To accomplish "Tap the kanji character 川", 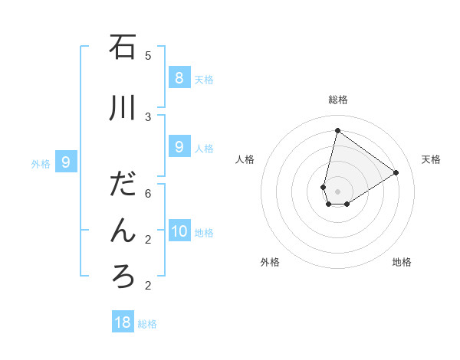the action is coord(123,109).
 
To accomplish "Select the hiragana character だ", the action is coord(123,185).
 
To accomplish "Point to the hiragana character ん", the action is coord(123,230).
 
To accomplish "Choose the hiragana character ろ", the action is coord(123,276).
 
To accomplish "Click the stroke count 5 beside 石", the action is coord(148,56).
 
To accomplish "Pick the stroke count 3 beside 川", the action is coord(148,117).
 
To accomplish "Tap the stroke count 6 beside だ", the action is coord(148,194).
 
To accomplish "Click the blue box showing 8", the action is coord(179,77).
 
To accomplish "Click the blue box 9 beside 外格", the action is coord(66,162).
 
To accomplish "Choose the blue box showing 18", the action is coord(123,322).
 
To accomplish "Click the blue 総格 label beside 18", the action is coord(147,324).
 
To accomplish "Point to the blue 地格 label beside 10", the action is coord(205,233).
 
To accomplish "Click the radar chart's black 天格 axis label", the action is coord(431,159).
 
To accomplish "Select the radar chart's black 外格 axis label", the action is coord(270,262).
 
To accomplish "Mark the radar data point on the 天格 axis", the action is coord(396,172).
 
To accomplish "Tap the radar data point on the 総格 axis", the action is coord(337,130).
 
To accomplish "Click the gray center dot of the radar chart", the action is coord(337,191).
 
